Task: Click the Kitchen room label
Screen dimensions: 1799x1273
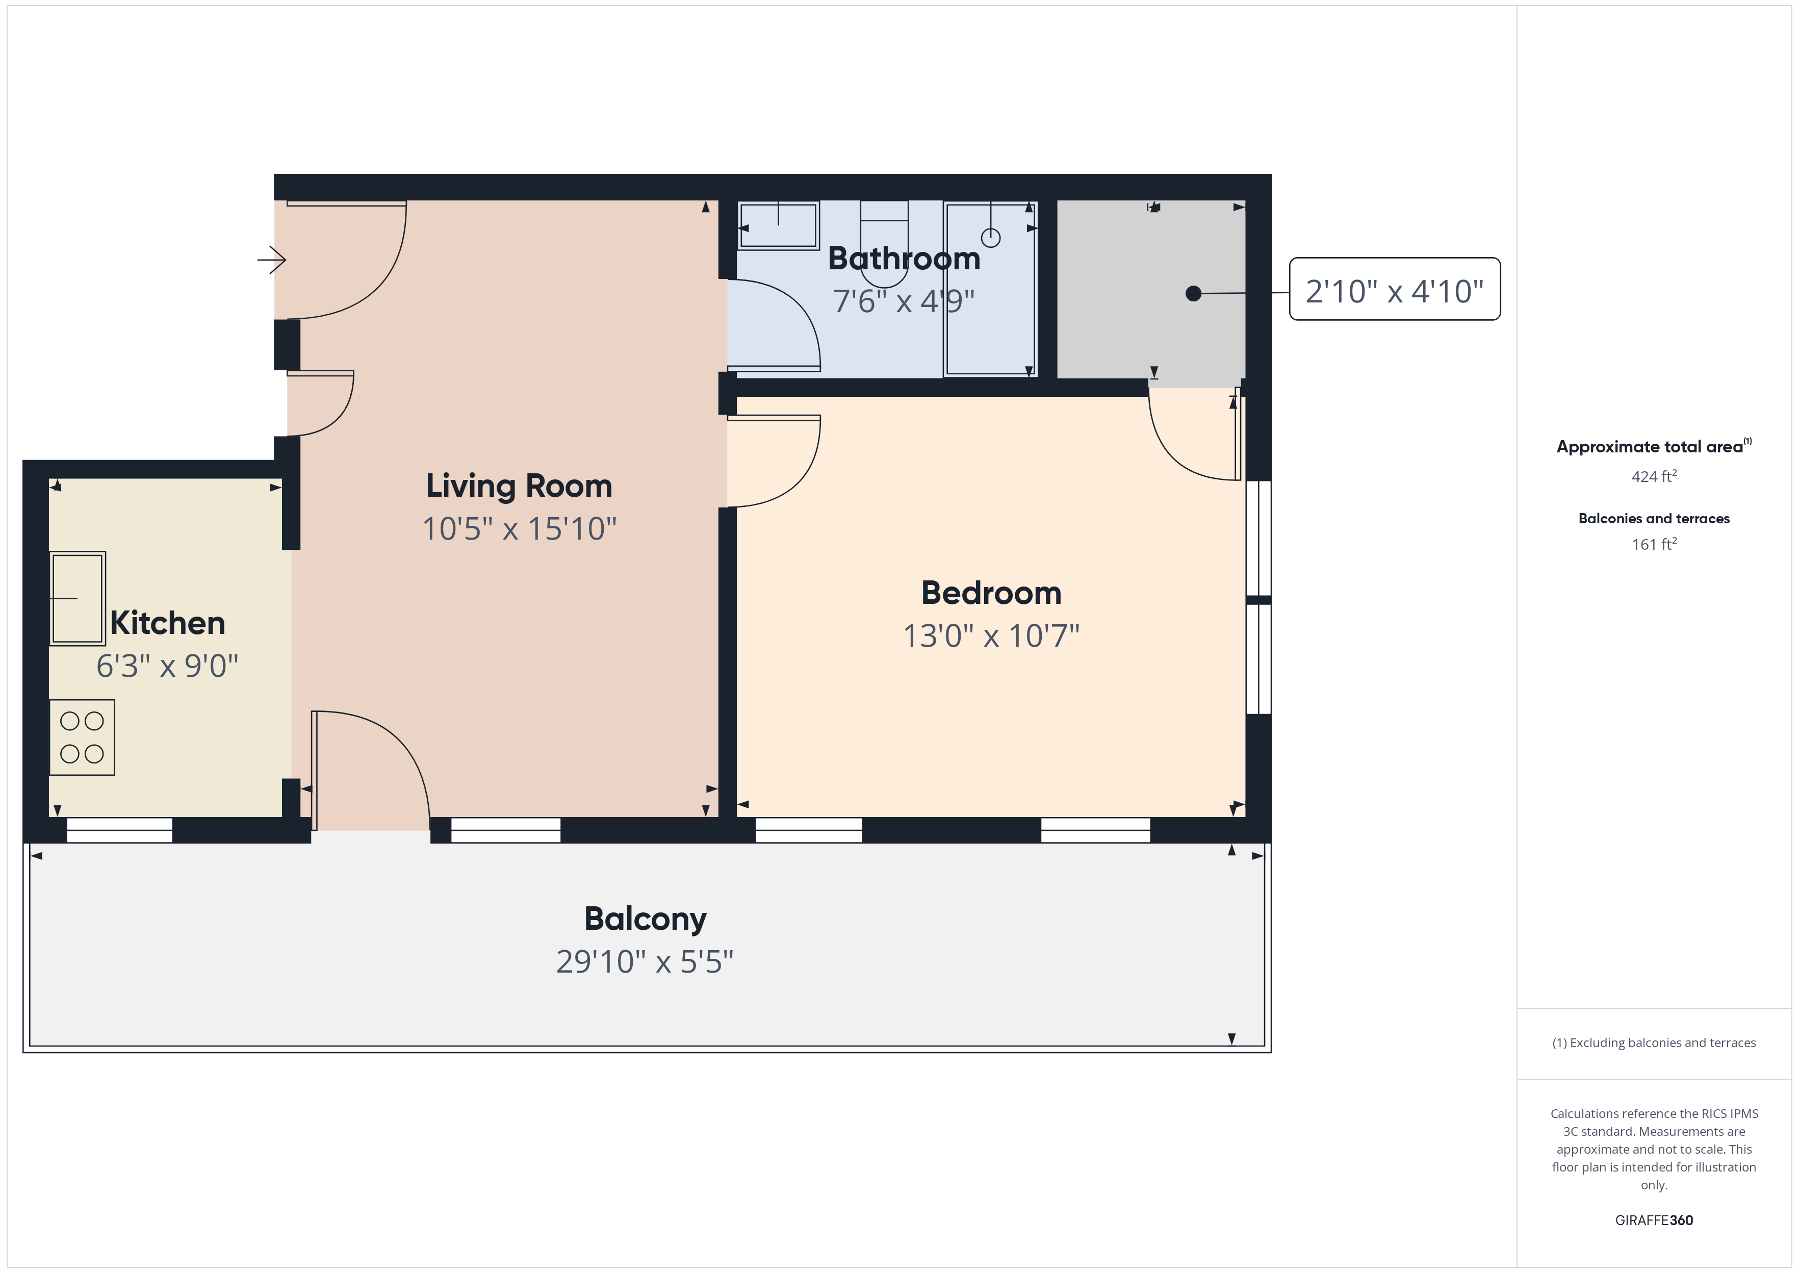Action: point(168,623)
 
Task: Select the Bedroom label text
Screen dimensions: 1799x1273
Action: point(991,593)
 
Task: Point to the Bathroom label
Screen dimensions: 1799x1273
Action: point(904,259)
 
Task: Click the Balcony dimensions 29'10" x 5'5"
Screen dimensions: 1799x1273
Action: point(645,962)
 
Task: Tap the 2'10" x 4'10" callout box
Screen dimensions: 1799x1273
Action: point(1395,289)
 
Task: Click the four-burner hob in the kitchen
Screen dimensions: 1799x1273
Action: point(82,737)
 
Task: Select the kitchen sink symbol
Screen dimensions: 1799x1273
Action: point(78,598)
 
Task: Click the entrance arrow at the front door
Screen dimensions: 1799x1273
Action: point(272,260)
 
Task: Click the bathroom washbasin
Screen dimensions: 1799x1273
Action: point(779,226)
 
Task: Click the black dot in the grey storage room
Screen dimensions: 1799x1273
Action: point(1193,293)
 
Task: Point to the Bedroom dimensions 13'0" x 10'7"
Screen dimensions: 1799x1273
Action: point(991,636)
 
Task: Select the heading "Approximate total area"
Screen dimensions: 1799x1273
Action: point(1650,447)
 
